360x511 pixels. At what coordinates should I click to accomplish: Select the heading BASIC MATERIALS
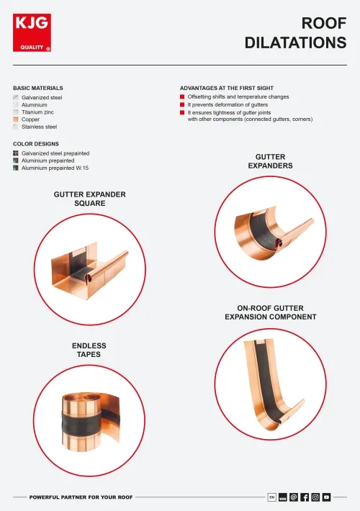(x=37, y=88)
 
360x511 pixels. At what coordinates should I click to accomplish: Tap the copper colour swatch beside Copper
(x=16, y=119)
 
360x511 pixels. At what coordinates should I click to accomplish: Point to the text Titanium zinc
(x=38, y=112)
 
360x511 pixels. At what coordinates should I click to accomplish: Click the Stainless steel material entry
(x=39, y=127)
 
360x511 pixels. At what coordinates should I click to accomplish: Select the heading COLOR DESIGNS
(x=36, y=144)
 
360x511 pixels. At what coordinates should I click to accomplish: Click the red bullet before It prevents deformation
(x=182, y=104)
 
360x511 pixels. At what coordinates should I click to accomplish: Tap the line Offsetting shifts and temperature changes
(x=238, y=96)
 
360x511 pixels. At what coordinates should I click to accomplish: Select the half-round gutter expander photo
(x=271, y=230)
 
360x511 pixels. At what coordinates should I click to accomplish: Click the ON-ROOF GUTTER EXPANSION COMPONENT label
(x=270, y=312)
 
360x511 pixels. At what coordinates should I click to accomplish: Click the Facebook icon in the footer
(x=305, y=497)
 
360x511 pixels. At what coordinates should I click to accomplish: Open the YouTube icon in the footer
(x=326, y=497)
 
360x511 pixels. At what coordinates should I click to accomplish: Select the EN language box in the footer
(x=271, y=497)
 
